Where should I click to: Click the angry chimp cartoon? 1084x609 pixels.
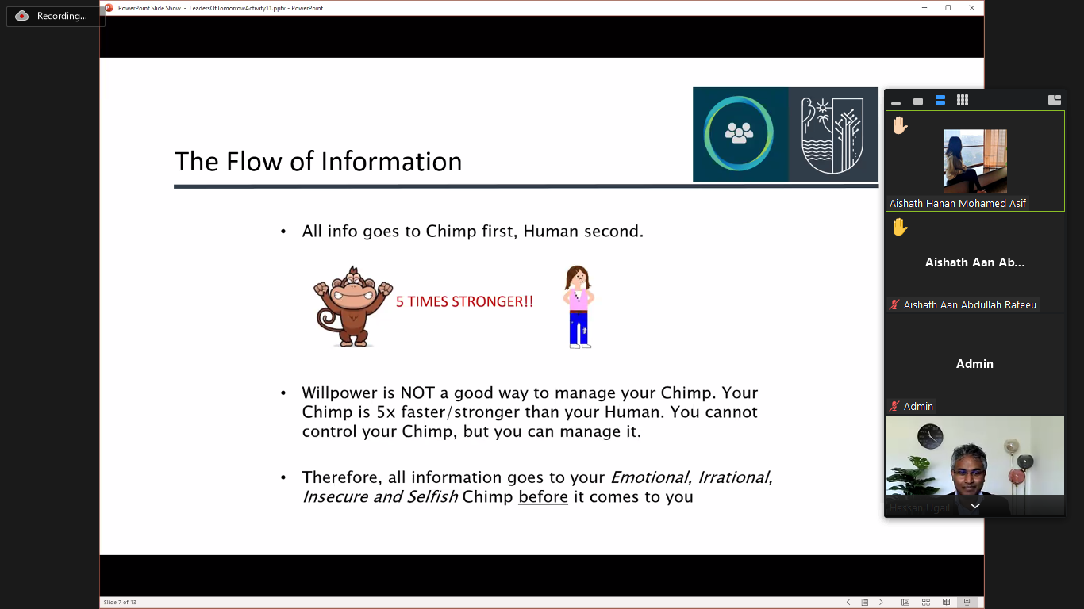[x=353, y=306]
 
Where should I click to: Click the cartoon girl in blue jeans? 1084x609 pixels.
[x=579, y=307]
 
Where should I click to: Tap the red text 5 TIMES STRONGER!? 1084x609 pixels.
[x=464, y=302]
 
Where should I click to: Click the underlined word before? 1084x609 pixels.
[x=543, y=496]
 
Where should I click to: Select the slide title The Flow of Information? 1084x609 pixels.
[x=318, y=161]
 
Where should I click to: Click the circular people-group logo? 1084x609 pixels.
[x=739, y=133]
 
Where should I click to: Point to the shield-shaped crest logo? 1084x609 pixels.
[x=832, y=135]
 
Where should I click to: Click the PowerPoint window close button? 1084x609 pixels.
[x=972, y=8]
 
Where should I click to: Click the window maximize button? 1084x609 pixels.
[x=948, y=8]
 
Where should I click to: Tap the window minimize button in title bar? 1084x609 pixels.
[x=924, y=8]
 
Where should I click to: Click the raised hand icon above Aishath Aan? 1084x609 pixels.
[x=900, y=227]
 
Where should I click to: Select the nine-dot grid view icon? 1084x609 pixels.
[x=963, y=100]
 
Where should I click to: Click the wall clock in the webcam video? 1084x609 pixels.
[x=930, y=436]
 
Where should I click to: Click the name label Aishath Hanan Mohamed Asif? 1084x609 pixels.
[x=957, y=204]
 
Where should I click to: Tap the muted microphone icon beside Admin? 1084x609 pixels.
[x=894, y=406]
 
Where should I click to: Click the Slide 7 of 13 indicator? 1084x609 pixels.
[x=120, y=602]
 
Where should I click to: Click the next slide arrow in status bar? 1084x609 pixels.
[x=881, y=602]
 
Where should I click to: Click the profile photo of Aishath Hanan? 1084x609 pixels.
[x=975, y=161]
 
